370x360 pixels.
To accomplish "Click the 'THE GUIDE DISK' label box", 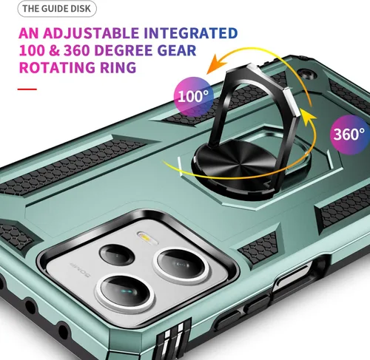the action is point(57,9).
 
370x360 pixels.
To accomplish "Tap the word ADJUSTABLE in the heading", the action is point(91,33).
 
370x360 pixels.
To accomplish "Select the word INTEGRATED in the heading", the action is point(191,33).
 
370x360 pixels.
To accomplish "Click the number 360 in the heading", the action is point(76,50).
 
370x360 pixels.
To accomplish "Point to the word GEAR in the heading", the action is point(177,50).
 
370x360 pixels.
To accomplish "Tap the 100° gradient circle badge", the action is point(193,97).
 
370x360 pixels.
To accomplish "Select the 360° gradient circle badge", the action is point(350,135).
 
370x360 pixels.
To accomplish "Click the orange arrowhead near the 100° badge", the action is point(215,64).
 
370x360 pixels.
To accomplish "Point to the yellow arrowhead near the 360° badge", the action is point(308,118).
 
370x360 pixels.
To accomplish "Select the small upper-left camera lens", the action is point(116,255).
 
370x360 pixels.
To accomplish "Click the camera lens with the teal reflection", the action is point(125,291).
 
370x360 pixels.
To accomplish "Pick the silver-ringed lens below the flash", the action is point(181,265).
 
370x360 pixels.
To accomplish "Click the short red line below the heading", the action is point(27,89).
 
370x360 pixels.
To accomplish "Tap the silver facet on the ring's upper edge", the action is point(292,101).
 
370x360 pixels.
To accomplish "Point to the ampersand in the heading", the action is point(54,50).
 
